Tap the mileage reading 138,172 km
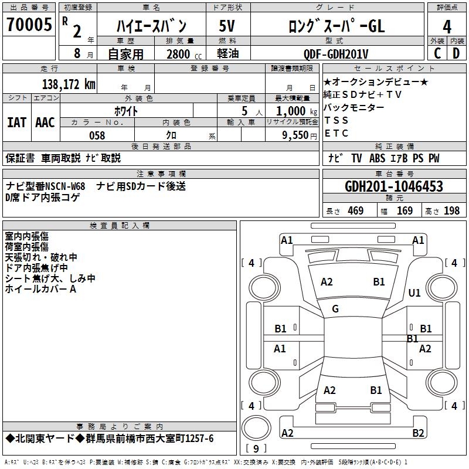tap(69, 84)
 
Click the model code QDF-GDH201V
tap(336, 54)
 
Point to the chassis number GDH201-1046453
tap(394, 187)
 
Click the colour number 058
tap(97, 135)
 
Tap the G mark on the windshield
tap(335, 309)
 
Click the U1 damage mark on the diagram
tap(415, 293)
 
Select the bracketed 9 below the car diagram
tap(256, 449)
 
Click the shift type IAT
tap(17, 123)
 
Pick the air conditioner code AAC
tap(45, 123)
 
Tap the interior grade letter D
tap(456, 54)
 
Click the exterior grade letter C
tap(437, 54)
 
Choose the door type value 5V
tap(227, 26)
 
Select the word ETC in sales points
tap(337, 133)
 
